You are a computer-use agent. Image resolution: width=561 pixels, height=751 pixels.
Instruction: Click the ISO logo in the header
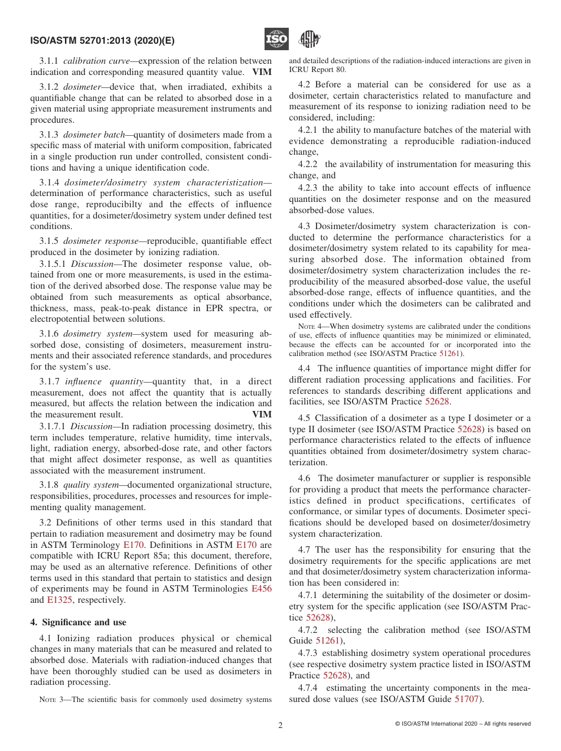pyautogui.click(x=276, y=40)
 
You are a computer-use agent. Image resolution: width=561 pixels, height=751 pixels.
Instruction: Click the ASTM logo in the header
pyautogui.click(x=309, y=40)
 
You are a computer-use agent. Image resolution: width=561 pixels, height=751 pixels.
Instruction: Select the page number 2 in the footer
pyautogui.click(x=280, y=726)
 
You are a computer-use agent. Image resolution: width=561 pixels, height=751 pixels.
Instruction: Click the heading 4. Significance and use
pyautogui.click(x=78, y=622)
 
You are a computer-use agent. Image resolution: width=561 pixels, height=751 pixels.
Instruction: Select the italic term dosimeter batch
pyautogui.click(x=94, y=135)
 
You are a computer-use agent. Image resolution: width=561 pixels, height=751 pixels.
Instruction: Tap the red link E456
pyautogui.click(x=262, y=589)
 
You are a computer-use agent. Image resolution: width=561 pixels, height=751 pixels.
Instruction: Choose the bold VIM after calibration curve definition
pyautogui.click(x=262, y=72)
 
